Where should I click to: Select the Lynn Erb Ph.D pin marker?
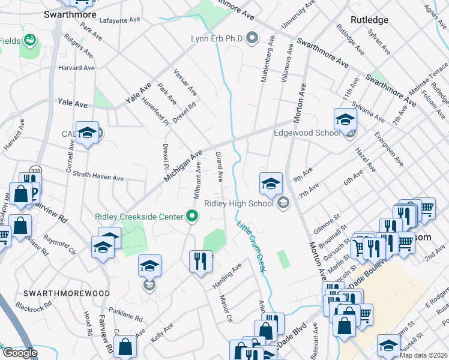point(252,39)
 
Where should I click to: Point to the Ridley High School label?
point(239,203)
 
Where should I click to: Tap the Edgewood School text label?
point(306,133)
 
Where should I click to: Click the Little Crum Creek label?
point(251,246)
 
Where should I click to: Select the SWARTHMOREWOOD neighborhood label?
point(66,293)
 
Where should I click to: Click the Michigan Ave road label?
point(184,166)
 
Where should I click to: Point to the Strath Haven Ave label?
point(98,176)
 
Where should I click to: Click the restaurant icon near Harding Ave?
point(200,260)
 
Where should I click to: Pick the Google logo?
point(20,353)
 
